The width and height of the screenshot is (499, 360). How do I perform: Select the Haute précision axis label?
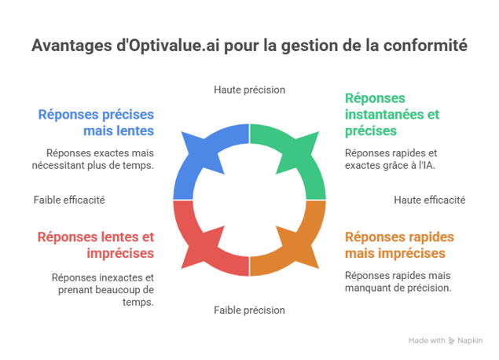pos(249,90)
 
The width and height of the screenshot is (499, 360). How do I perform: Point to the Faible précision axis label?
pos(249,310)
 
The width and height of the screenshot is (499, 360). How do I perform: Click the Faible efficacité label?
pos(69,200)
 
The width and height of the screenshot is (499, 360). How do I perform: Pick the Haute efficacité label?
pos(430,200)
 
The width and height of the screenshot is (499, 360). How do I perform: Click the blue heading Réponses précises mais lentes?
pos(97,122)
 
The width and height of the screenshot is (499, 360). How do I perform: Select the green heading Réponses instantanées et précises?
pos(391,114)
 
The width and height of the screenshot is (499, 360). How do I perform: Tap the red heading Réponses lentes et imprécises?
pos(97,244)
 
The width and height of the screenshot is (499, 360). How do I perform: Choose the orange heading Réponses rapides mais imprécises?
pos(399,244)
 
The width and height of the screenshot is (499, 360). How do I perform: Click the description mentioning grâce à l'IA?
pos(391,160)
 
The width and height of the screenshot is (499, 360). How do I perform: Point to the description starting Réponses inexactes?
pos(102,289)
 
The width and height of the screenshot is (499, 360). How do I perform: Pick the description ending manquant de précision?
pos(398,282)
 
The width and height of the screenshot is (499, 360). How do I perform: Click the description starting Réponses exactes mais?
pos(99,160)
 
